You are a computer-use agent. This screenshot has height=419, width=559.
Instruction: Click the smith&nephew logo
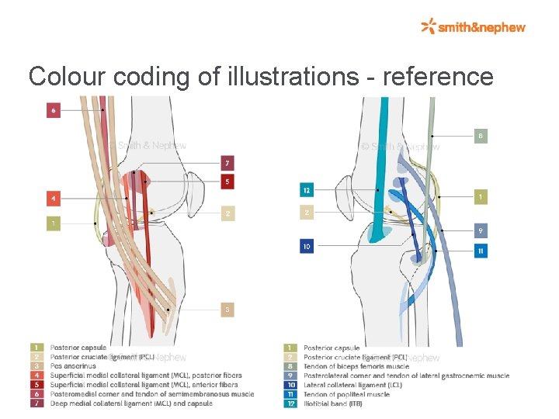point(474,27)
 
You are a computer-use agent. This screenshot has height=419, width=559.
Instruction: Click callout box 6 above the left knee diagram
point(54,110)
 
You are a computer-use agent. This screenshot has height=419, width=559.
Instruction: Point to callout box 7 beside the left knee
point(227,164)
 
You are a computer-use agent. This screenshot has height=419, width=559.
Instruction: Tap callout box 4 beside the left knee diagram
point(54,199)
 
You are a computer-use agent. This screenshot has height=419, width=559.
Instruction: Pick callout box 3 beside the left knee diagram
point(227,310)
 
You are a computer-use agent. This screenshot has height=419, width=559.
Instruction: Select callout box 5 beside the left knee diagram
point(227,182)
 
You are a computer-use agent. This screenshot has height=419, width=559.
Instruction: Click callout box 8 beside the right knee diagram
point(481,137)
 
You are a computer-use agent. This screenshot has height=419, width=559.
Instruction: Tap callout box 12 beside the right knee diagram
point(307,190)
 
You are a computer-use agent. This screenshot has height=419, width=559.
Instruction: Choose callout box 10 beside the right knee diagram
point(307,247)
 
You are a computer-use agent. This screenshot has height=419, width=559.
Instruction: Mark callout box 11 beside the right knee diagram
point(481,251)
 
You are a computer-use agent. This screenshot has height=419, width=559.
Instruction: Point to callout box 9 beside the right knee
point(481,230)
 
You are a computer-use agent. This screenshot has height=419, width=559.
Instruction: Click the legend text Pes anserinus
point(73,366)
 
